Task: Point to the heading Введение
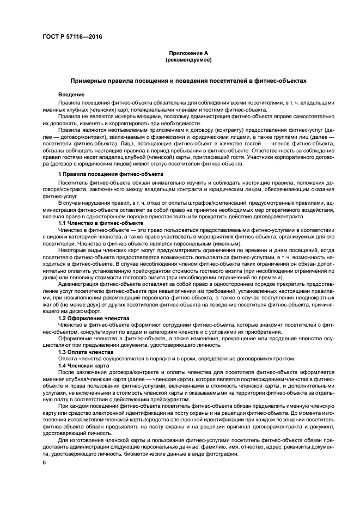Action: click(71, 95)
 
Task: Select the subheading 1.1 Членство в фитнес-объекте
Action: click(101, 223)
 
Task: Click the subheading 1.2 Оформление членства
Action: click(91, 316)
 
